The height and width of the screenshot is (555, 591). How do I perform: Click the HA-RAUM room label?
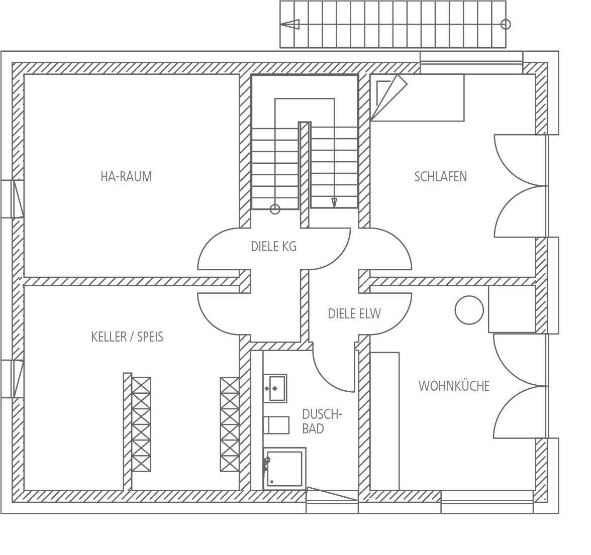point(126,177)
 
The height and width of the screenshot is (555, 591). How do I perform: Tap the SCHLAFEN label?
point(441,177)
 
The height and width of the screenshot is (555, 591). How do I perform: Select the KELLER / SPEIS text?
point(128,337)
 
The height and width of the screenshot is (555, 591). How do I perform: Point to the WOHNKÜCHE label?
point(454,386)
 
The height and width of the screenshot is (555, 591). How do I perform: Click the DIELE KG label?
point(273,247)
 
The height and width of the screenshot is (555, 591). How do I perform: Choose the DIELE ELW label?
point(354,313)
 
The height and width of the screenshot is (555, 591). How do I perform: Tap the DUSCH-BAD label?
point(322,421)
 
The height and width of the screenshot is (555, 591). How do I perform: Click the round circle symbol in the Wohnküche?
point(469,310)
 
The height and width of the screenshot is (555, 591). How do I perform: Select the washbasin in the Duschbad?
point(275,388)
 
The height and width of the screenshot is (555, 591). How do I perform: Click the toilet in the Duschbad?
point(276,425)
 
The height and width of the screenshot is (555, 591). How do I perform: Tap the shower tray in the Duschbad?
point(284,469)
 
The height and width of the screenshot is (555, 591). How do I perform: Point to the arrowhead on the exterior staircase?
point(290,25)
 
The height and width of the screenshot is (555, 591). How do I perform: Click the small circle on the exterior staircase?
point(506,25)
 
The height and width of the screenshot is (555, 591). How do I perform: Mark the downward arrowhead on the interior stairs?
point(334,203)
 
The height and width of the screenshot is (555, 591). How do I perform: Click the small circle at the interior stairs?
point(275,209)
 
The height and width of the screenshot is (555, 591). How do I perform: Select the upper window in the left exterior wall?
point(13,199)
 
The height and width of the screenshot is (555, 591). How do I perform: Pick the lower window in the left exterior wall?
point(13,379)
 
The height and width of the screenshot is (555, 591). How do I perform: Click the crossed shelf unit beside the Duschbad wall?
point(230,424)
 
